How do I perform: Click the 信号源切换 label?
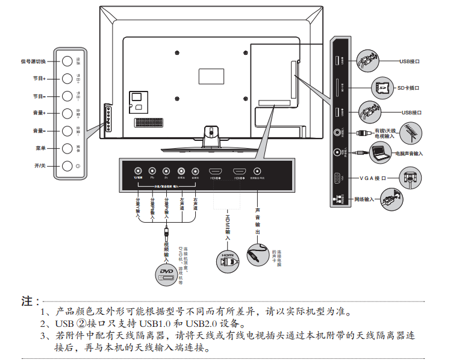33,61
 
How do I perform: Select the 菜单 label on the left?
40,148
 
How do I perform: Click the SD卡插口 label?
408,88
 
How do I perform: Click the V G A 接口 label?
380,178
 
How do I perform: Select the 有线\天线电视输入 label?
386,134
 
